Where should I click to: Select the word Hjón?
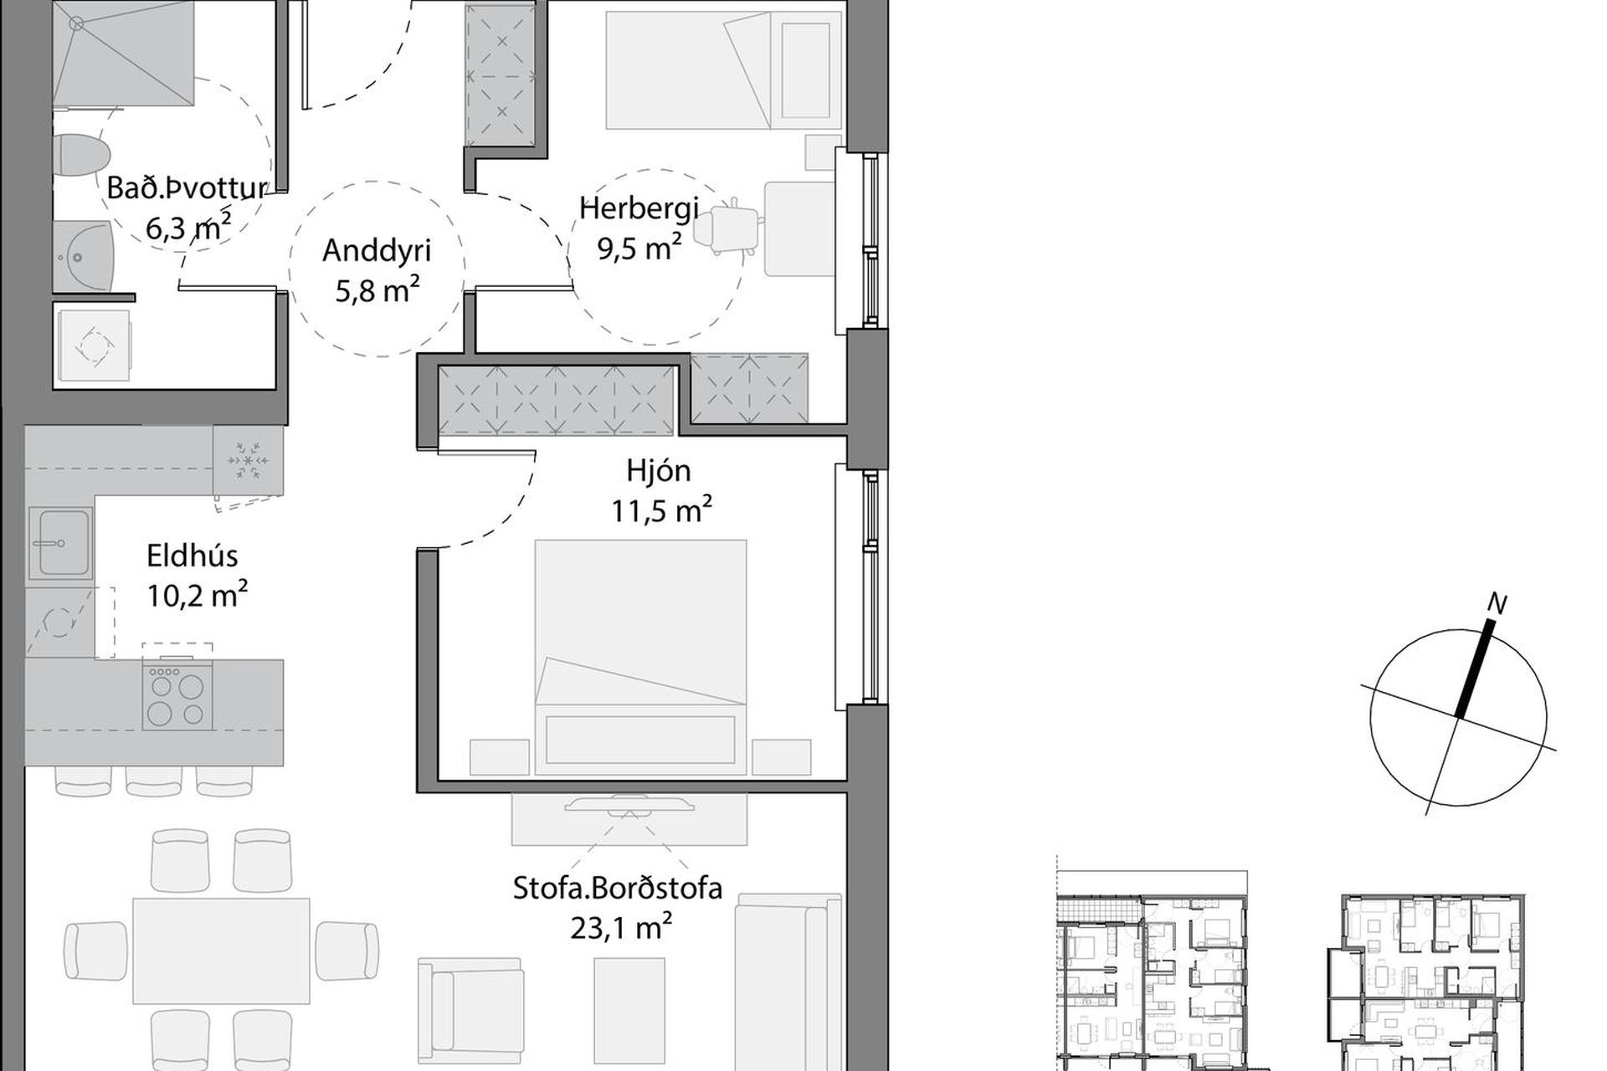659,470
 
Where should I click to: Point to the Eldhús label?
193,556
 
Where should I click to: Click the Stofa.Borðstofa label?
618,888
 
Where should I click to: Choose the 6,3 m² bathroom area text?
188,226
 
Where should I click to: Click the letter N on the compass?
1497,602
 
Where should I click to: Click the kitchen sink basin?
59,543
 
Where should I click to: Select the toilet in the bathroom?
81,156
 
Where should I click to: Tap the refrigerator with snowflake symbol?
248,461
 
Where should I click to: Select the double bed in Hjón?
640,658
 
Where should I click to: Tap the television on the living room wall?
629,805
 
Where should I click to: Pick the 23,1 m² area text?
621,927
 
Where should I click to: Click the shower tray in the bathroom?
123,53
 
